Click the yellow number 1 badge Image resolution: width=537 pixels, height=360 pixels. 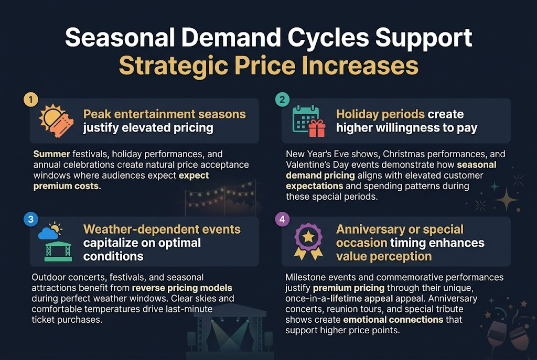[31, 100]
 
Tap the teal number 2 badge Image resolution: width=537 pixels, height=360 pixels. [283, 100]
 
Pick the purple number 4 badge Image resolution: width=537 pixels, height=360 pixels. [283, 220]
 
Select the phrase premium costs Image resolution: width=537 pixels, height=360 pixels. [66, 186]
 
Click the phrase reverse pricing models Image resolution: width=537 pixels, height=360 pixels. [182, 288]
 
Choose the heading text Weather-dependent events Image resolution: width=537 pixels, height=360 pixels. [162, 230]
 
